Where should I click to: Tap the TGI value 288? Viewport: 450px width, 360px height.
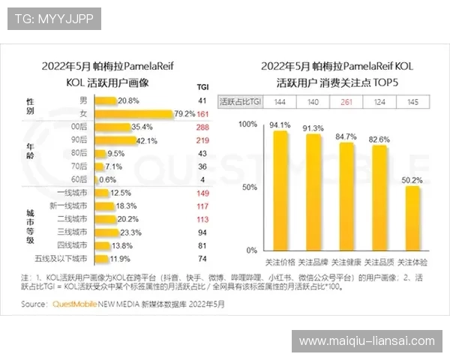[201, 127]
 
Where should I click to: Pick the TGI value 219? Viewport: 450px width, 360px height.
[201, 139]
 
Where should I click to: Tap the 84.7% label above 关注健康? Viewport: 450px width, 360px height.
[346, 136]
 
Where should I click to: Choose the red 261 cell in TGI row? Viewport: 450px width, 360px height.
[346, 101]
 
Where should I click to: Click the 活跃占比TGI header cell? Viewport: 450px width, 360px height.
[240, 101]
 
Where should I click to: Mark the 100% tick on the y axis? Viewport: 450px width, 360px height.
[247, 124]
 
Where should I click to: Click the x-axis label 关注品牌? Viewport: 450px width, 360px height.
[313, 262]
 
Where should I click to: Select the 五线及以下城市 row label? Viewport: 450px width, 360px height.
[64, 258]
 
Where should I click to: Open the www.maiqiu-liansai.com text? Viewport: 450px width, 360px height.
[366, 341]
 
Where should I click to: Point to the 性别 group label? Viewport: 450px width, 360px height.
[31, 106]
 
